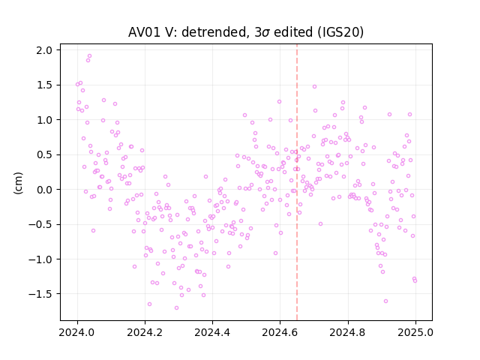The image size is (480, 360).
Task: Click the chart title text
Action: (x=246, y=32)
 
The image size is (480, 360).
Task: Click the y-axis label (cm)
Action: (x=18, y=183)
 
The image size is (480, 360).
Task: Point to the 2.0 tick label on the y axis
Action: (x=46, y=50)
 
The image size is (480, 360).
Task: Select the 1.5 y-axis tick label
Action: (x=46, y=85)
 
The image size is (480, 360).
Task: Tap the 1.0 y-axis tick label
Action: (x=46, y=120)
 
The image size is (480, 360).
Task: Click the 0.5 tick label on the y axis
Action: (x=46, y=155)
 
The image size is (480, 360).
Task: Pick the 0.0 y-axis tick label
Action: (x=46, y=190)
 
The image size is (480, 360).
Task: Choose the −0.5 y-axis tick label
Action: (x=42, y=225)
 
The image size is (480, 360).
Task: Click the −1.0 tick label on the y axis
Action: (x=42, y=259)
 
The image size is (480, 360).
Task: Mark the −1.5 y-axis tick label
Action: (x=42, y=294)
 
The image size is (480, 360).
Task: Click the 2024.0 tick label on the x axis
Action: (x=77, y=332)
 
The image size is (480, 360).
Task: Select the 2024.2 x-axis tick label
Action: (x=145, y=332)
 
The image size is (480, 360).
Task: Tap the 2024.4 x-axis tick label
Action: (x=212, y=332)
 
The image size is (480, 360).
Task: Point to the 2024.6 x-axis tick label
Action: (x=280, y=332)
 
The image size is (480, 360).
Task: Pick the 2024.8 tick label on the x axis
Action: (x=348, y=332)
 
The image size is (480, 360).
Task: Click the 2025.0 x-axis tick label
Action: (x=415, y=332)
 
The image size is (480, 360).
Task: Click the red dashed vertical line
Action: (x=297, y=182)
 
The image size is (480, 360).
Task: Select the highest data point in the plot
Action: (x=90, y=56)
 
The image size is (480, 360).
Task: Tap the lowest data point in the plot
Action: (x=177, y=307)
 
